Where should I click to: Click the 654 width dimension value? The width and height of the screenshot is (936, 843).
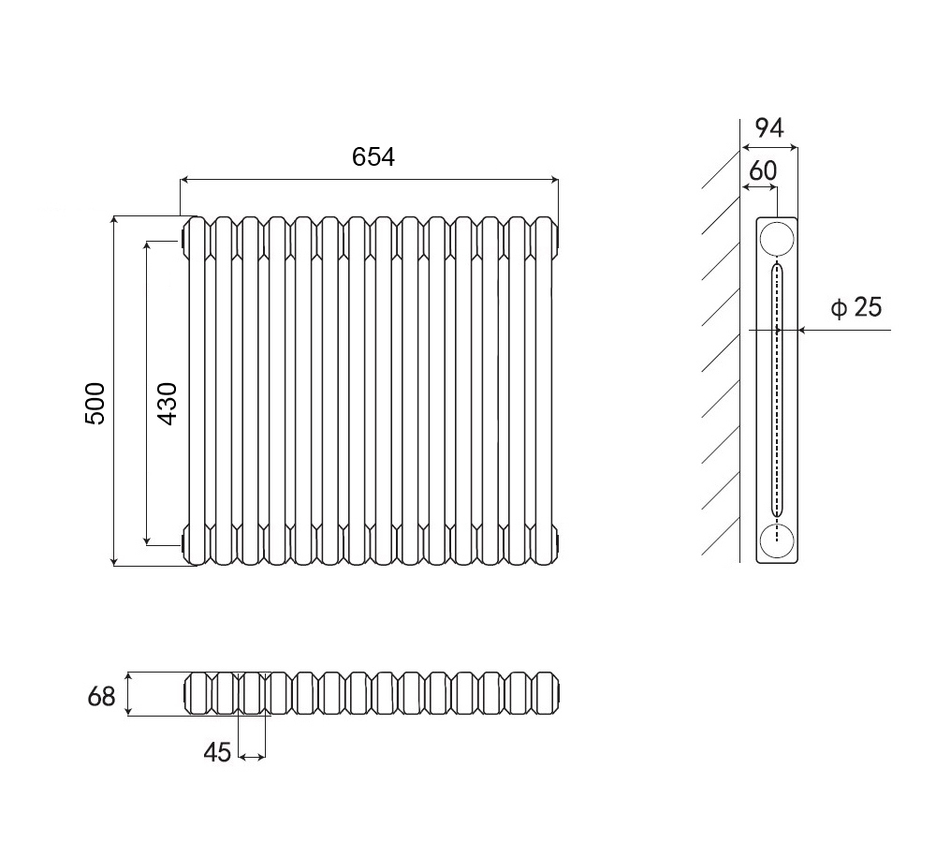(373, 157)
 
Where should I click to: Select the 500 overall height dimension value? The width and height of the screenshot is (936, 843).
(95, 404)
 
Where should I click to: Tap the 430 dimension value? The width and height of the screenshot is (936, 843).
(168, 404)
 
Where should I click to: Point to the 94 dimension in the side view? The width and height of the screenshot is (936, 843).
(769, 127)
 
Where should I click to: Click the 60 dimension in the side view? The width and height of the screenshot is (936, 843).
(762, 170)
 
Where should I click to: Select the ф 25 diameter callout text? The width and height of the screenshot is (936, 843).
(856, 307)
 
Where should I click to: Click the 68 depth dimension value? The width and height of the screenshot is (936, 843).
(101, 697)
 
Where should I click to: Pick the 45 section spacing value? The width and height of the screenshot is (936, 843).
(217, 753)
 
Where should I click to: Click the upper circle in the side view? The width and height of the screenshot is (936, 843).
(777, 240)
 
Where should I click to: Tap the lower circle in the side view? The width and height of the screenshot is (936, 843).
(777, 541)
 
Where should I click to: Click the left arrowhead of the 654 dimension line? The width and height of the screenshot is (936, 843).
(184, 179)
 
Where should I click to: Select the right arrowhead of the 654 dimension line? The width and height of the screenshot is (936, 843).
(554, 179)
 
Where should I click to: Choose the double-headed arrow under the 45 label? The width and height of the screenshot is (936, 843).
(252, 757)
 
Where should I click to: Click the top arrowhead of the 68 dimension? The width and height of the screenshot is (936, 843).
(127, 677)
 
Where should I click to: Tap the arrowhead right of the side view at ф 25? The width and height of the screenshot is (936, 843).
(803, 329)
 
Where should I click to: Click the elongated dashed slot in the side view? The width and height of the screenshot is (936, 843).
(777, 390)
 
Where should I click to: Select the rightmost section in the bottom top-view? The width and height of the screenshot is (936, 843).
(548, 693)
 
